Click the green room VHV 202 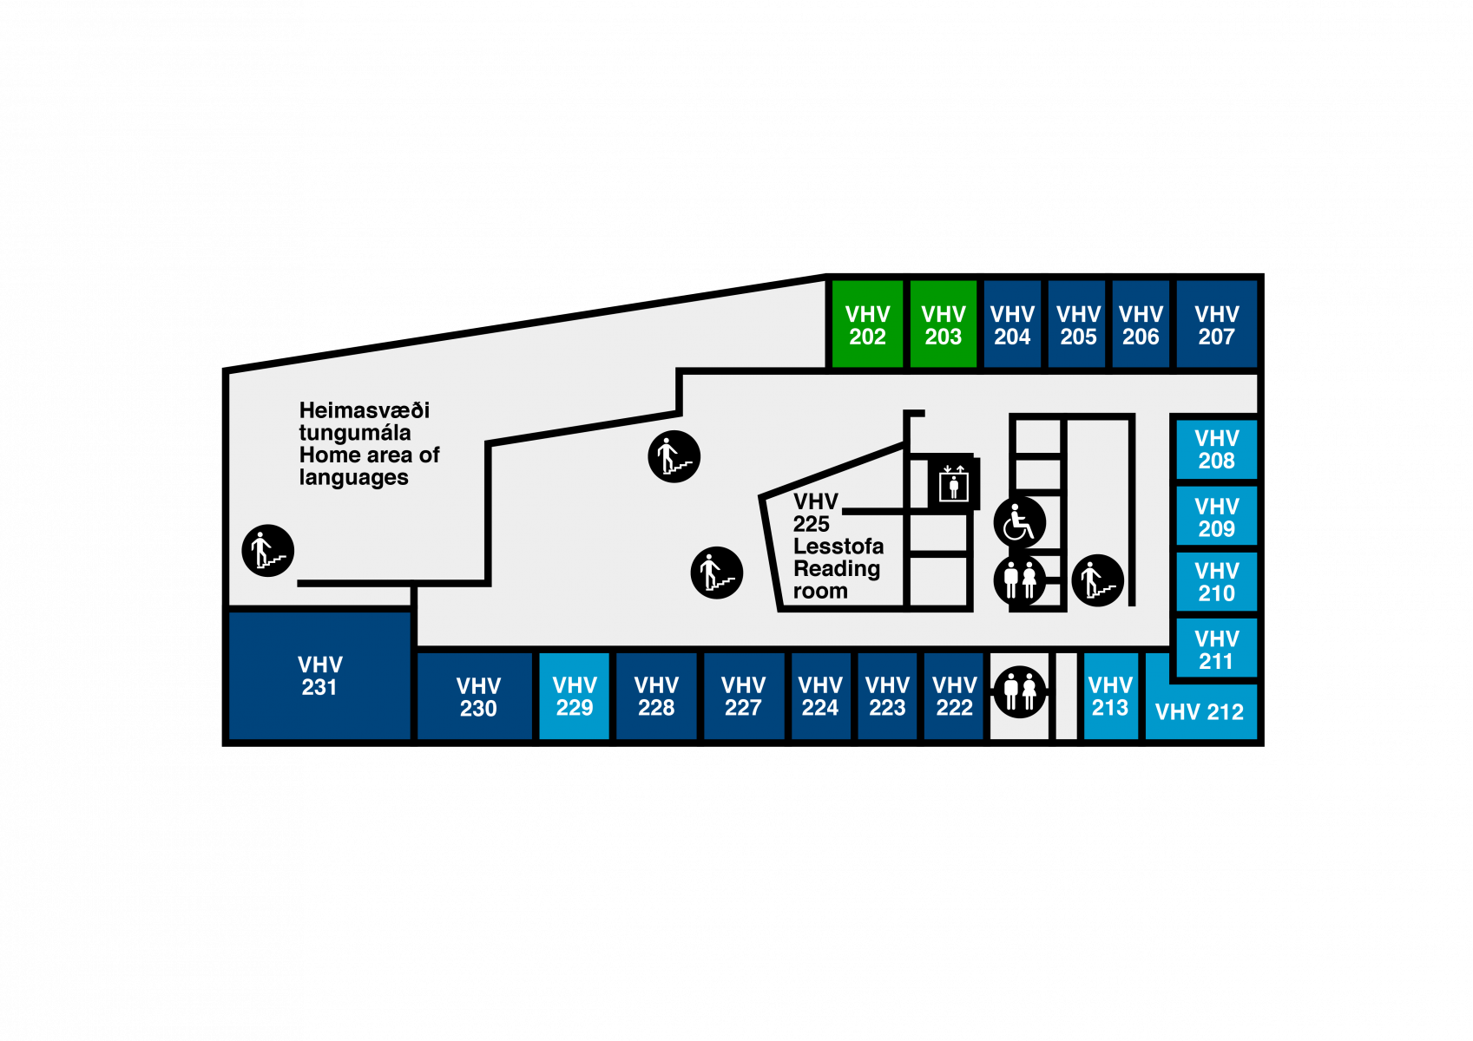[867, 324]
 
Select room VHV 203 [943, 324]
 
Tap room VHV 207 [1216, 324]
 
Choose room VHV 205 [1077, 324]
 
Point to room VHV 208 [1216, 449]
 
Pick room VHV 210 [1216, 582]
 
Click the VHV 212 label [1200, 712]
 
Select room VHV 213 [1110, 696]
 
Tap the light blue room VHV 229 [574, 696]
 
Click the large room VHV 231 [319, 676]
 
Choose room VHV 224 [820, 696]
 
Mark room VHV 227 [743, 696]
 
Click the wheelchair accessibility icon [1019, 522]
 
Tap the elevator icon [953, 483]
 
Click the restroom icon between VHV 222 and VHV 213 [1020, 691]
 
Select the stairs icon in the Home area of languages [268, 551]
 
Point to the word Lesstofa [838, 547]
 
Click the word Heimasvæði [365, 410]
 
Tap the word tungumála [355, 433]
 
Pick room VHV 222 [954, 696]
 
